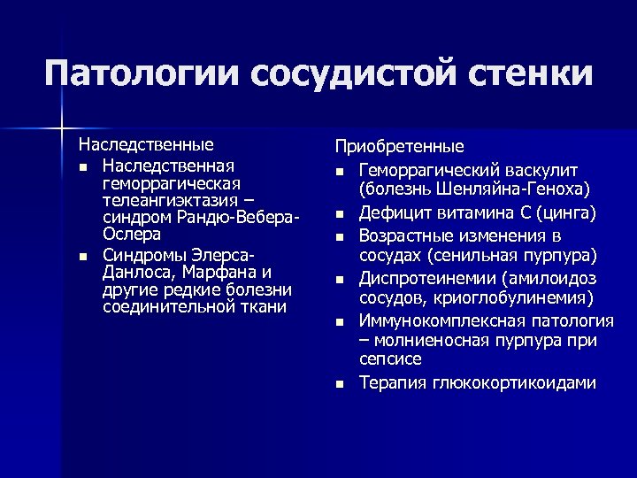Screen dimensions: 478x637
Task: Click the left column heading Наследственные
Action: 146,143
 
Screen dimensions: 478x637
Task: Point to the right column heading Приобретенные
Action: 399,147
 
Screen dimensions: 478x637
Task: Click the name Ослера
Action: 132,235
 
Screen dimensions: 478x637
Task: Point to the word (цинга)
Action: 566,213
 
